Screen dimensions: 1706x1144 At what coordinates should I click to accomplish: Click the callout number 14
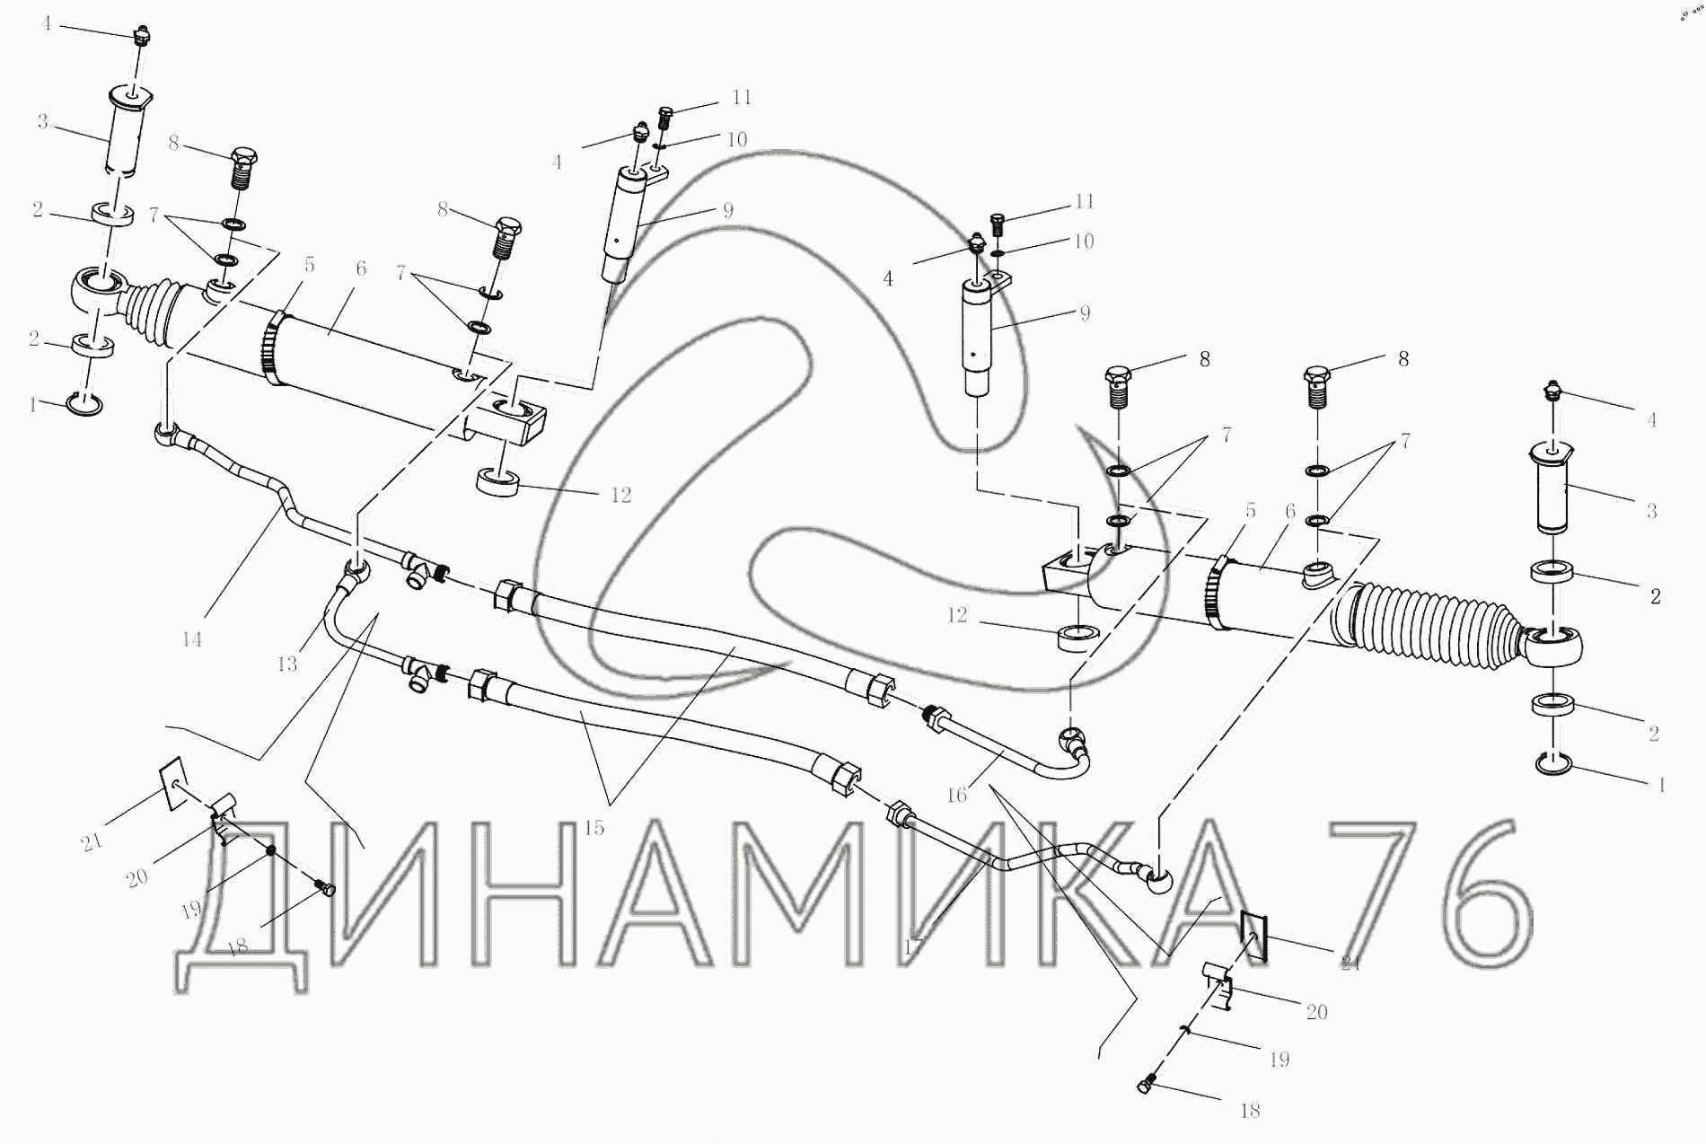[191, 639]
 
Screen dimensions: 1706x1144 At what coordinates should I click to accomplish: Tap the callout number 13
[287, 664]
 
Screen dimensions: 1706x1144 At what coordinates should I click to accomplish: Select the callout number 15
[594, 827]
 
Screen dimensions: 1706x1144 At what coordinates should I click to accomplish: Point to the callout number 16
[956, 795]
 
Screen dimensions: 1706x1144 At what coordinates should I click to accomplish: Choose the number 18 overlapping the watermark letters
[239, 947]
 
